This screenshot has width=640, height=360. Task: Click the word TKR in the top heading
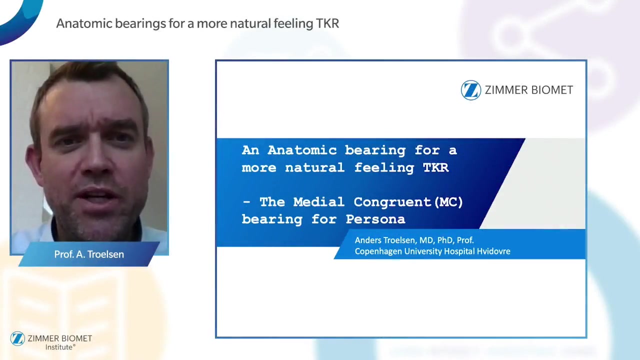coord(327,23)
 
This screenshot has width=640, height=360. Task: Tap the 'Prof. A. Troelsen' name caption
coord(89,254)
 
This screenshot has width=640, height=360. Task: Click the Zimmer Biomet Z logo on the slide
coord(471,90)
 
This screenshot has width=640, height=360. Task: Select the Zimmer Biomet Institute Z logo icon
coord(17,338)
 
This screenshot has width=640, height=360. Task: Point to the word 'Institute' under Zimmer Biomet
coord(59,347)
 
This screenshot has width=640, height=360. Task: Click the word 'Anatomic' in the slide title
coord(302,150)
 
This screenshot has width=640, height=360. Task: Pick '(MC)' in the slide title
coord(448,202)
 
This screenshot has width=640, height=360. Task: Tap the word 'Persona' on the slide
coord(375,219)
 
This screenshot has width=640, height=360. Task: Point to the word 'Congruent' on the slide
coord(392,202)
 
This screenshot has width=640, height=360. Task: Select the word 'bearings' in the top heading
coord(140,23)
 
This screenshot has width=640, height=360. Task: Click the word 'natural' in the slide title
coord(315,167)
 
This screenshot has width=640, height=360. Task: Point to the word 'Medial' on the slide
coord(319,202)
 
